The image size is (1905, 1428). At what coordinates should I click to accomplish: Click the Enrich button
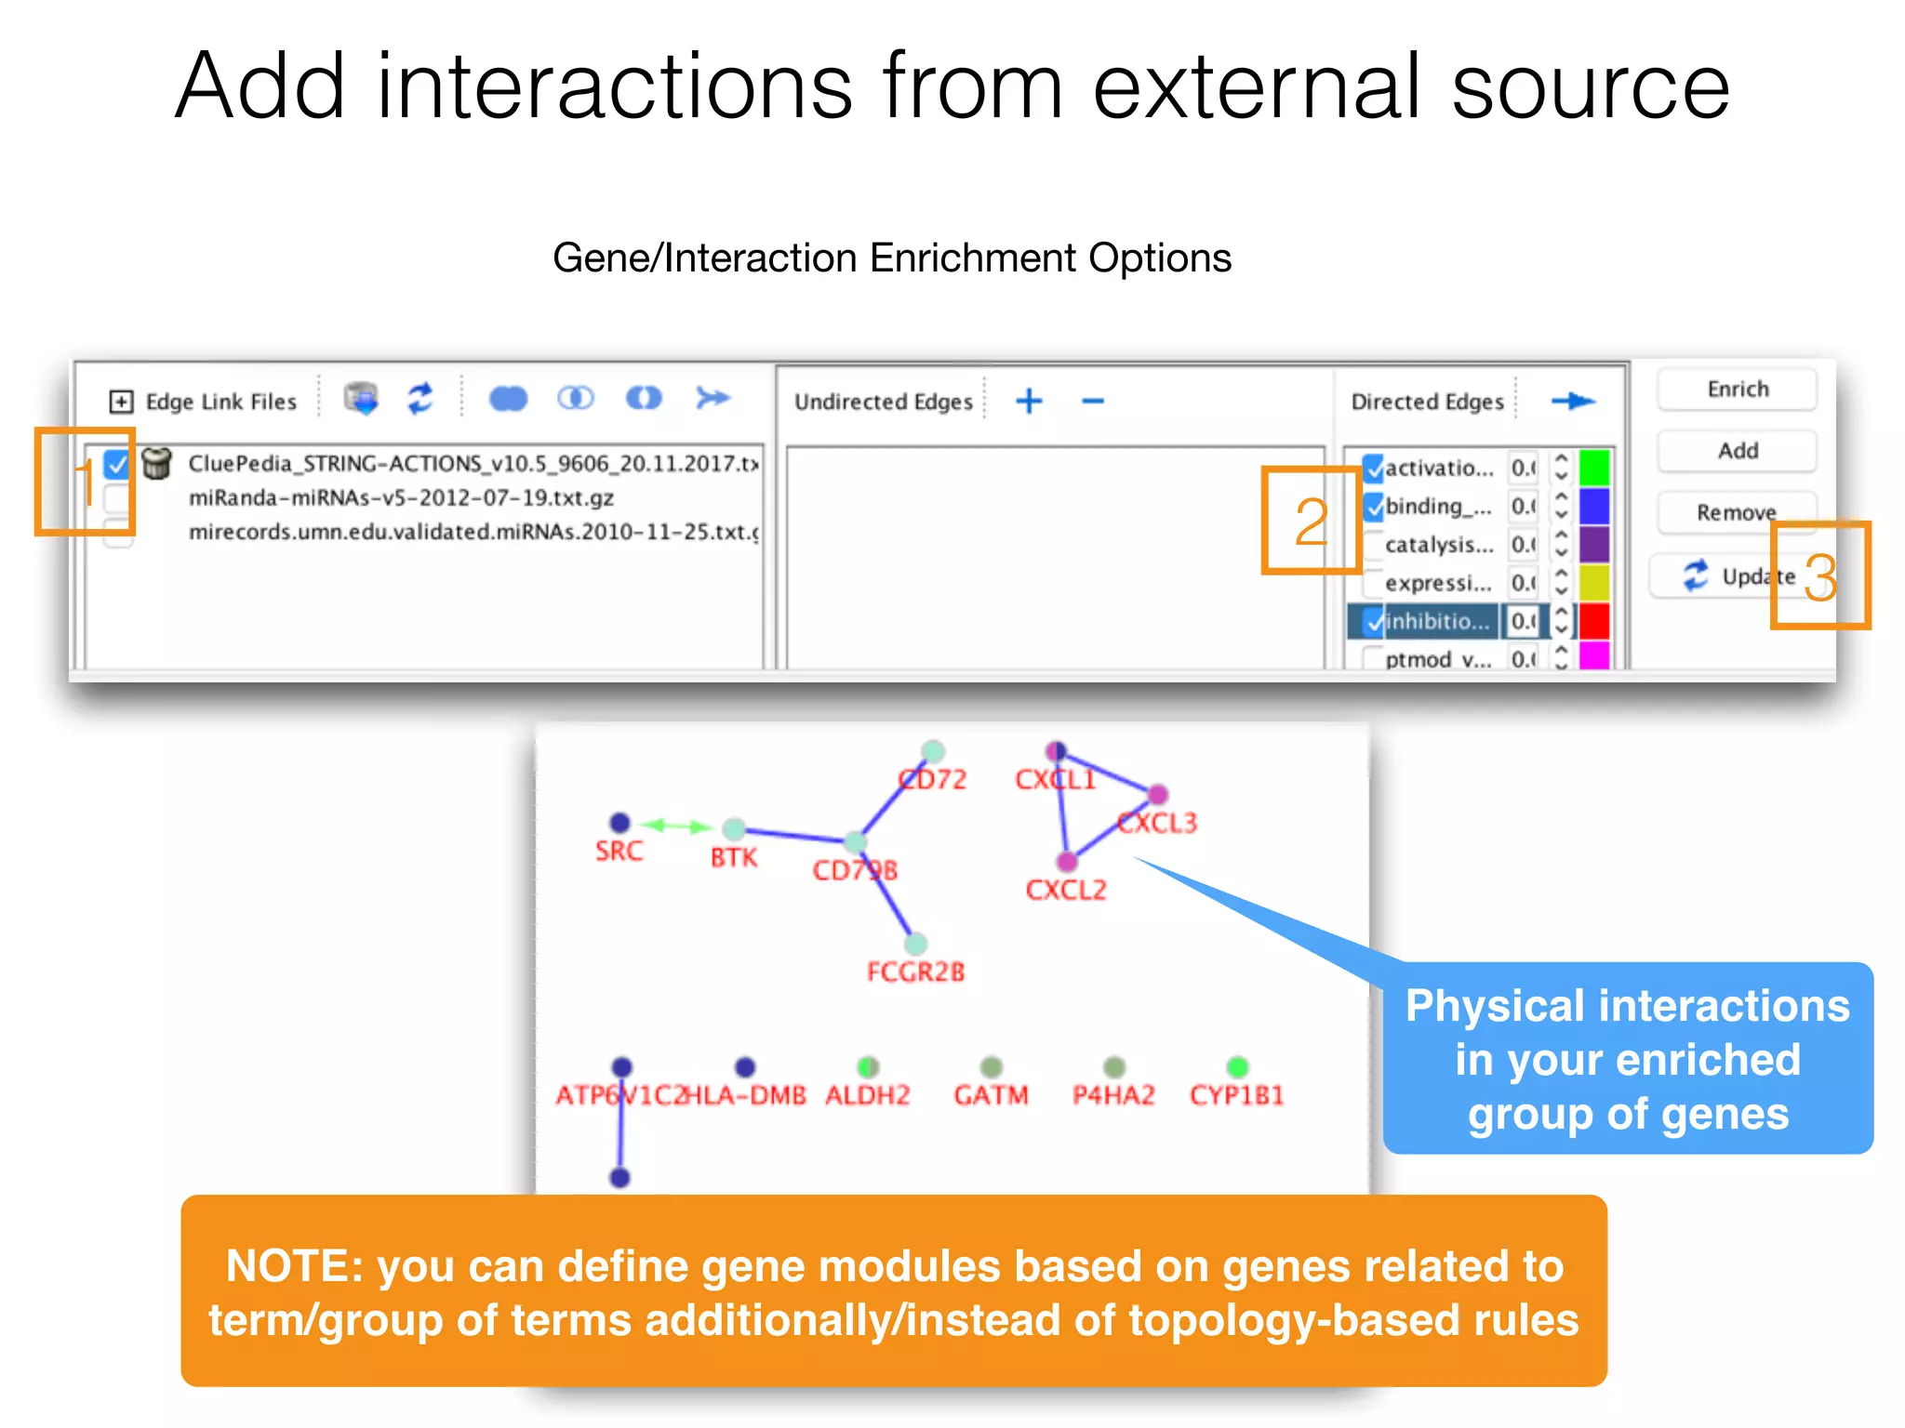click(x=1737, y=390)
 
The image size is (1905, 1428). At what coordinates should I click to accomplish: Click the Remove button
click(x=1736, y=512)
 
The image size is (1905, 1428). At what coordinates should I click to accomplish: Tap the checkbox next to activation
click(x=1374, y=468)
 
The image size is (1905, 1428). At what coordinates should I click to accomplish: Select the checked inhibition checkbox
click(x=1374, y=621)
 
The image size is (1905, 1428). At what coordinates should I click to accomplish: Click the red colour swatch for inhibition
click(x=1594, y=621)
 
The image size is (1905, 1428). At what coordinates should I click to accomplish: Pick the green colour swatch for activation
click(x=1594, y=468)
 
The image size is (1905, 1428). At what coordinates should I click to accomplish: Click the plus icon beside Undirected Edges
click(x=1029, y=402)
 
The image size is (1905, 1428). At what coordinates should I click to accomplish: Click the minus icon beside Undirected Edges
click(x=1093, y=402)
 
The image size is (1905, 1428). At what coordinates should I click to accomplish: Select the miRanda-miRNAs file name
click(x=401, y=498)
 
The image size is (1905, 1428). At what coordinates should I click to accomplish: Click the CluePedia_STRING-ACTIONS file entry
click(x=473, y=463)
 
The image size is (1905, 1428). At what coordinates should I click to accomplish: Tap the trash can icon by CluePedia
click(x=157, y=462)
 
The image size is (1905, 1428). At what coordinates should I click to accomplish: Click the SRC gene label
click(x=619, y=851)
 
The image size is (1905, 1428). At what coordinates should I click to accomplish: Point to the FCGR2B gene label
click(x=915, y=972)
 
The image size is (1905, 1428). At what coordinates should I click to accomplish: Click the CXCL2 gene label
click(x=1066, y=891)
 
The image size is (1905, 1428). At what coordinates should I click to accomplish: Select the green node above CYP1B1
click(x=1237, y=1066)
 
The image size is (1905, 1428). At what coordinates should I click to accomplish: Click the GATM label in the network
click(x=991, y=1095)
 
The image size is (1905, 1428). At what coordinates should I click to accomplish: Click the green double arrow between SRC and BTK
click(x=677, y=826)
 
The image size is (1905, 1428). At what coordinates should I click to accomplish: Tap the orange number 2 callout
click(x=1311, y=522)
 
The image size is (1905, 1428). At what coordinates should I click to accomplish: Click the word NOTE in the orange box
click(x=293, y=1266)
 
